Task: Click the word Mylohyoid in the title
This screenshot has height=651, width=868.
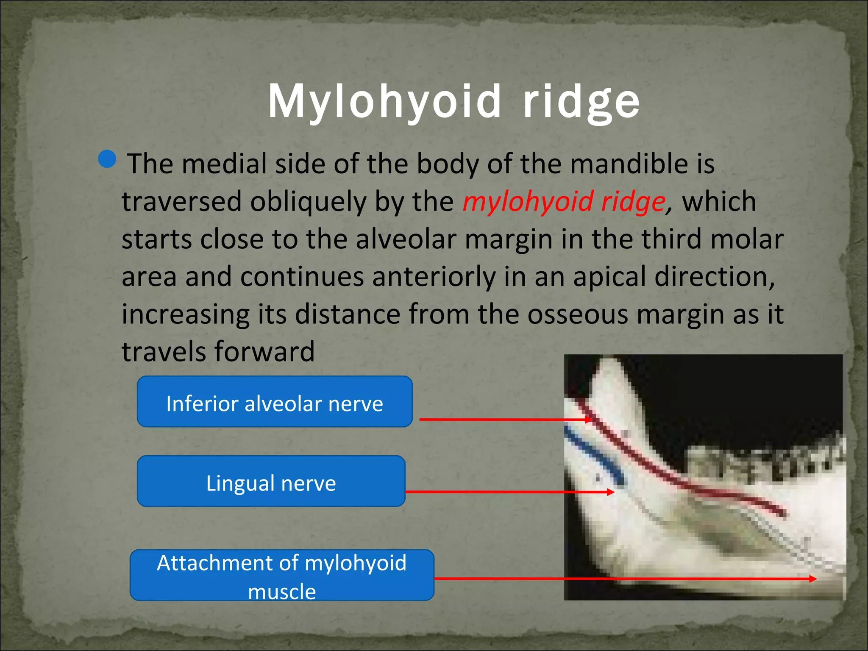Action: (x=385, y=102)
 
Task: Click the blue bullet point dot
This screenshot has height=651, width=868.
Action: (x=107, y=159)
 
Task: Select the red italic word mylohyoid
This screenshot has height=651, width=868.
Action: (x=527, y=201)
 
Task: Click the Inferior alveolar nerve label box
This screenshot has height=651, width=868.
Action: (x=275, y=402)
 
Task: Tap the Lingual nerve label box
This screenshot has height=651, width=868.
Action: (x=271, y=481)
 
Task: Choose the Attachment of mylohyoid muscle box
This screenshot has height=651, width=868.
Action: (x=282, y=576)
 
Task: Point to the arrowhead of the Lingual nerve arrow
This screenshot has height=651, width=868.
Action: (x=611, y=492)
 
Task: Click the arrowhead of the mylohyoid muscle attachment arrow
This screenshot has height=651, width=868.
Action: (x=813, y=579)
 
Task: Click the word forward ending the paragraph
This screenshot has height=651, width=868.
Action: (x=264, y=352)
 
